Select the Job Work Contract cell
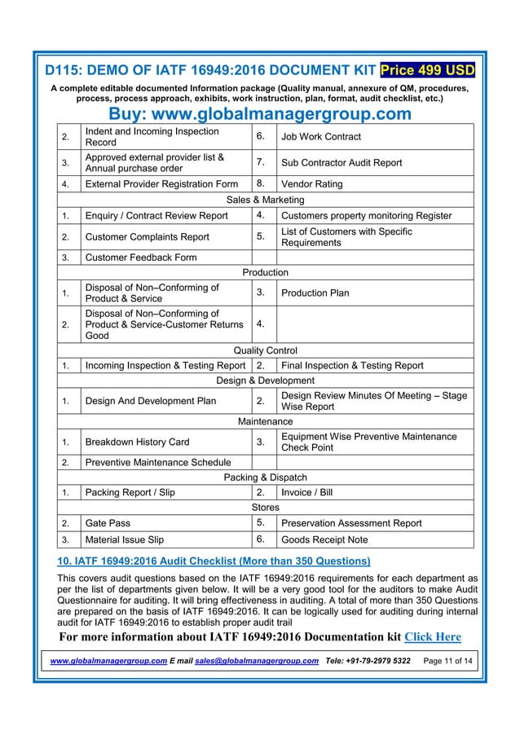click(x=320, y=137)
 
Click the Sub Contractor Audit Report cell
click(x=341, y=162)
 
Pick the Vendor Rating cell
click(x=311, y=184)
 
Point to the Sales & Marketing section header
click(x=265, y=200)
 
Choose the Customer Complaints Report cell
click(x=147, y=237)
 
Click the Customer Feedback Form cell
click(x=141, y=257)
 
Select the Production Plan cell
click(x=315, y=293)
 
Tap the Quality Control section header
click(x=265, y=350)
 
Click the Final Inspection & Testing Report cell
click(x=351, y=366)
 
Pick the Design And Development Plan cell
click(x=151, y=400)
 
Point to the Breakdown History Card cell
click(x=137, y=442)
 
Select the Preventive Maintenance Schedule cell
click(x=158, y=463)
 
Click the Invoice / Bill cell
click(x=306, y=493)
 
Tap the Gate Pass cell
click(x=108, y=523)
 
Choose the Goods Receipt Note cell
click(x=324, y=539)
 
